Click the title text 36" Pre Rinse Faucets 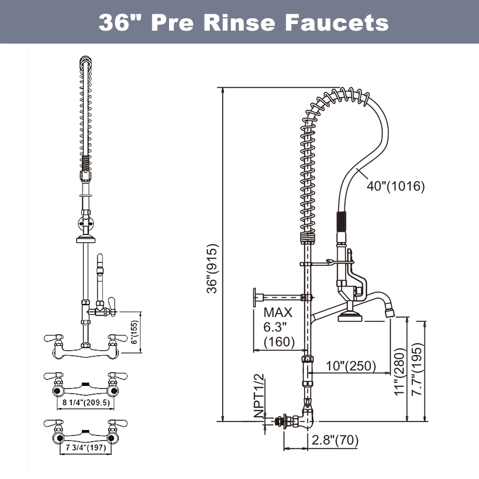click(243, 22)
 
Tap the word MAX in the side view click(278, 313)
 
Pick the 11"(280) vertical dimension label click(399, 371)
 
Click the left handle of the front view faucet click(51, 339)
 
